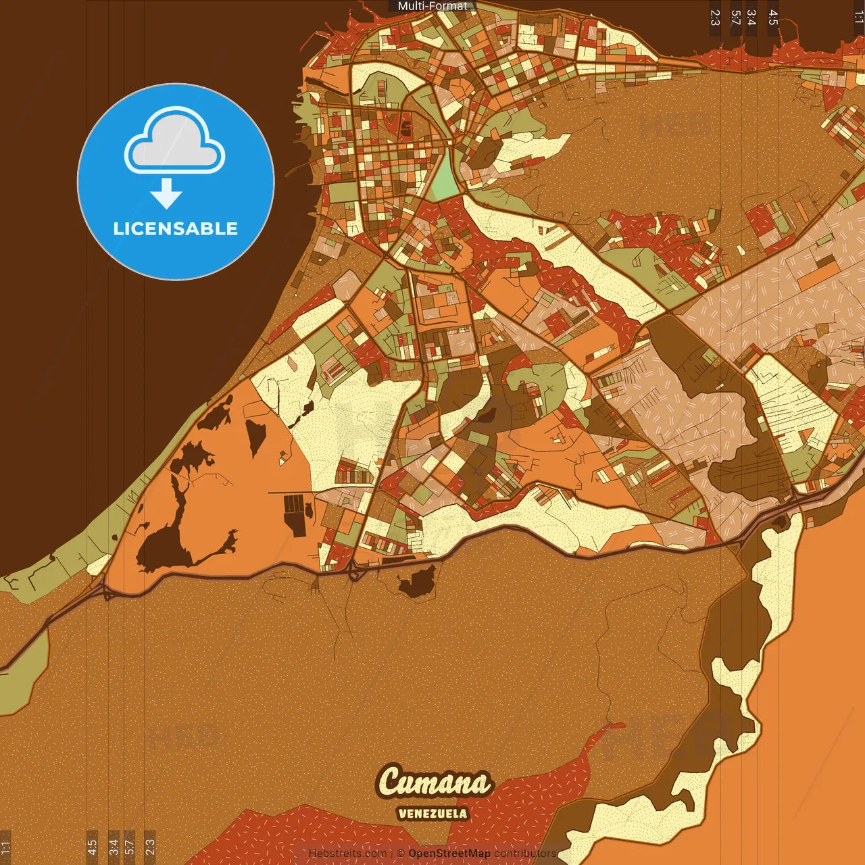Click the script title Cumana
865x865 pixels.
pyautogui.click(x=434, y=783)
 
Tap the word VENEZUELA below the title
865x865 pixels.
pyautogui.click(x=432, y=814)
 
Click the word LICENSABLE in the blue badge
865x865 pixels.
pyautogui.click(x=176, y=228)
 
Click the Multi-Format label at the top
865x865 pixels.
pyautogui.click(x=432, y=6)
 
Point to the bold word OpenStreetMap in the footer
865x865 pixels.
pyautogui.click(x=449, y=854)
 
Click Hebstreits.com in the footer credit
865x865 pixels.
pyautogui.click(x=348, y=854)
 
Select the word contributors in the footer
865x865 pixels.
pyautogui.click(x=525, y=854)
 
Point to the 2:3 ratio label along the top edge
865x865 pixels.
pyautogui.click(x=715, y=18)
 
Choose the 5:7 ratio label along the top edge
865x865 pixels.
pyautogui.click(x=735, y=18)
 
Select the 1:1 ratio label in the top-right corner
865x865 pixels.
pyautogui.click(x=858, y=18)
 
